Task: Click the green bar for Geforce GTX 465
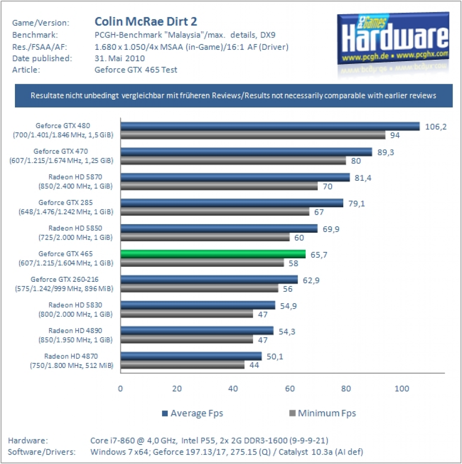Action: pos(213,254)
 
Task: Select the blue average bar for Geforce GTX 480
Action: pos(270,126)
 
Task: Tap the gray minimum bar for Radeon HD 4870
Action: pos(183,365)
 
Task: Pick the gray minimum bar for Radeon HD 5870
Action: pos(219,186)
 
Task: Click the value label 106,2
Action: pos(436,127)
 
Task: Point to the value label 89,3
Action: pos(386,152)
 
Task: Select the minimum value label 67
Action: pos(319,212)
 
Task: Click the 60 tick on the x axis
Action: pos(290,388)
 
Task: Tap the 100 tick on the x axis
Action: pos(402,388)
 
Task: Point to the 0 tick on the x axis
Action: pos(120,388)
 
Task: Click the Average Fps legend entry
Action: pos(192,413)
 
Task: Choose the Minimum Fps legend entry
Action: pos(322,413)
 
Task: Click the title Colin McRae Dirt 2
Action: pos(146,21)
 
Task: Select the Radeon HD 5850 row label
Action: pos(76,232)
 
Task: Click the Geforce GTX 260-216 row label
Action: pos(64,284)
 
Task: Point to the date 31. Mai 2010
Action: pos(120,58)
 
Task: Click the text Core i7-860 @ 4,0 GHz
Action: pos(134,440)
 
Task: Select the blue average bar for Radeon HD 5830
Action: pos(198,305)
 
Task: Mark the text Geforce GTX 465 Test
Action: pos(136,70)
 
